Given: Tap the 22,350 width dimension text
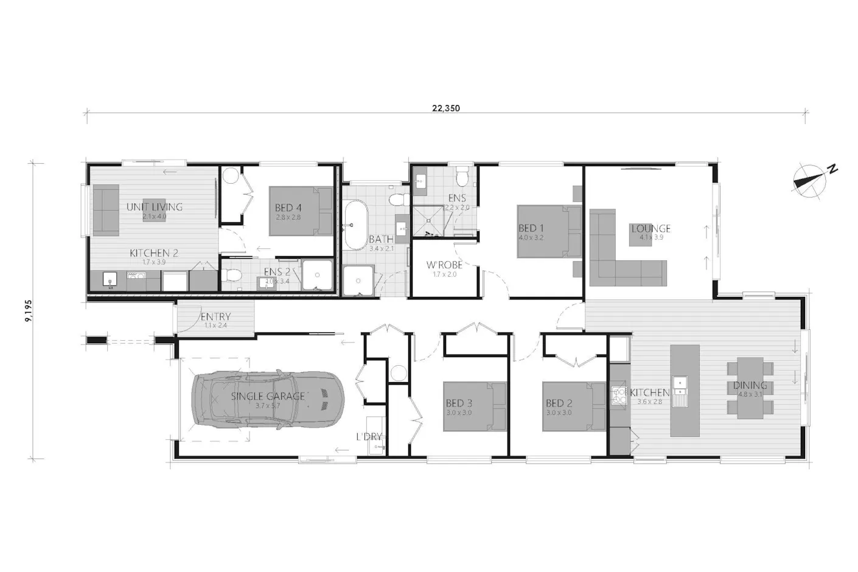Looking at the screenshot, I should pyautogui.click(x=445, y=109).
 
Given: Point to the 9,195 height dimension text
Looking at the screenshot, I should pyautogui.click(x=28, y=310).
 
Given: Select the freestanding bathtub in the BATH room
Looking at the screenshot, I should pyautogui.click(x=353, y=225).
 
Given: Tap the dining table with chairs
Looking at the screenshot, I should pyautogui.click(x=750, y=387).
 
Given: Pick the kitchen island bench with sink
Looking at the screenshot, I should pyautogui.click(x=685, y=389).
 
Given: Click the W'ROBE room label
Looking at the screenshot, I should pyautogui.click(x=444, y=265).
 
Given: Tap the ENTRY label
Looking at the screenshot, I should pyautogui.click(x=215, y=316).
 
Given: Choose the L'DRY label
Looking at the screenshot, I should pyautogui.click(x=369, y=436).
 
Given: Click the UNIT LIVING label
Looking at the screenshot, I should pyautogui.click(x=155, y=207).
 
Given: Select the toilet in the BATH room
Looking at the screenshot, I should pyautogui.click(x=397, y=199).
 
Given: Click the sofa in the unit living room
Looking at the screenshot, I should pyautogui.click(x=105, y=210).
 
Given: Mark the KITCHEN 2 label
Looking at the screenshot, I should pyautogui.click(x=154, y=253).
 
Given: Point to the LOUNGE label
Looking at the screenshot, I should pyautogui.click(x=650, y=229).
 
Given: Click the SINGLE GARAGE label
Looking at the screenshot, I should pyautogui.click(x=268, y=396).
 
